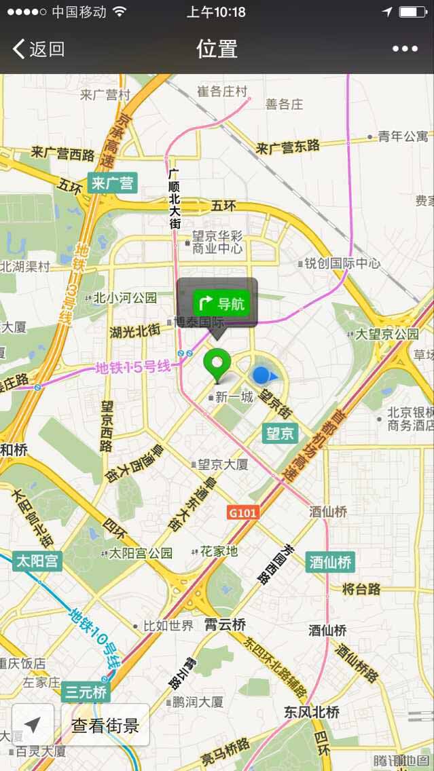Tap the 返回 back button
(x=39, y=49)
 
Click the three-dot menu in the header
(x=405, y=49)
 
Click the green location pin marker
(x=217, y=363)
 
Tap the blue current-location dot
(x=262, y=375)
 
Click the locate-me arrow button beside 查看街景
(x=33, y=725)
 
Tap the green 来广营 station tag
(x=113, y=183)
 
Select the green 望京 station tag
(x=280, y=433)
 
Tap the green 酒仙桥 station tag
(x=331, y=562)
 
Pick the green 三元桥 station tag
(x=86, y=693)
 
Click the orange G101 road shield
(x=243, y=512)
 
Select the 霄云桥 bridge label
(x=225, y=624)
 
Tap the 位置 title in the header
(x=217, y=49)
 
